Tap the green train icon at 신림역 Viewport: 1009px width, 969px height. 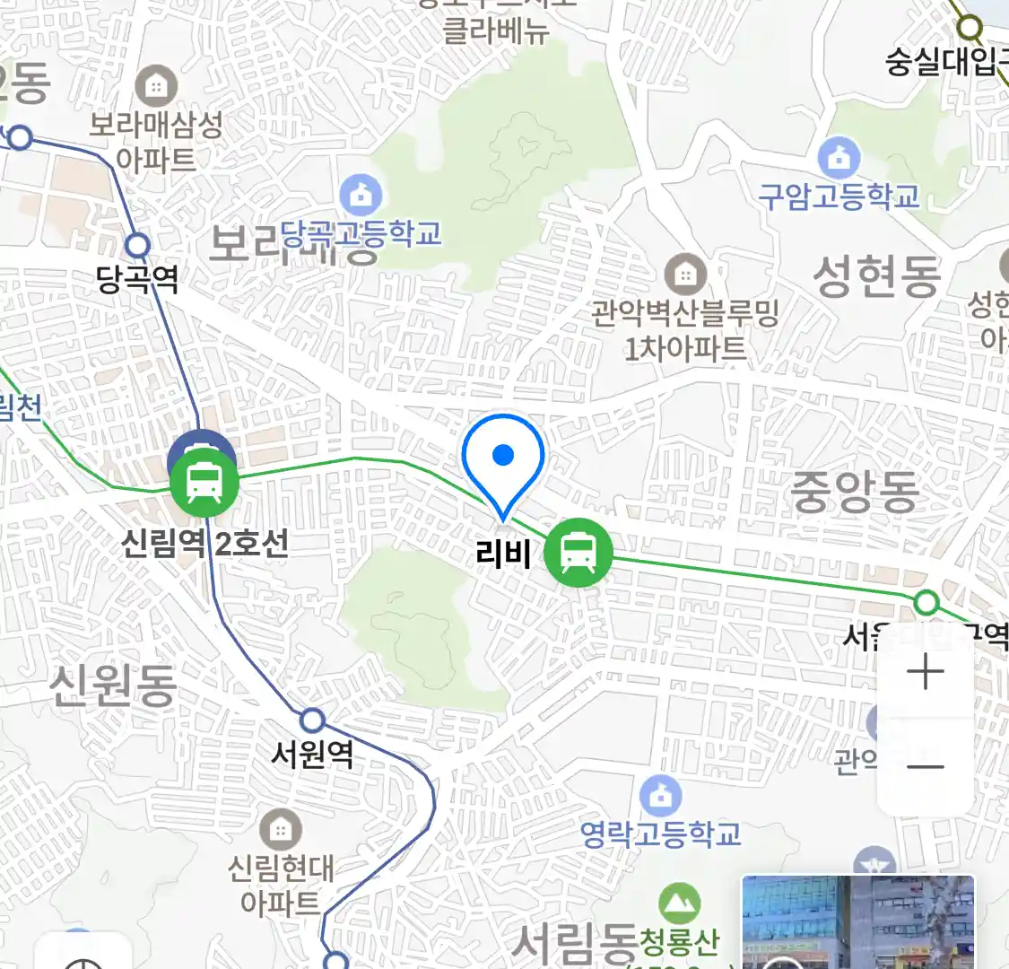pyautogui.click(x=204, y=484)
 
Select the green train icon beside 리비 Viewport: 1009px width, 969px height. pyautogui.click(x=578, y=553)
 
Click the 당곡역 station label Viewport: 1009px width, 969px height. pyautogui.click(x=137, y=280)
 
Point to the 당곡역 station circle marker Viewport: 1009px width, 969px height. pyautogui.click(x=137, y=244)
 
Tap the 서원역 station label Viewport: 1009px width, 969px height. pyautogui.click(x=313, y=755)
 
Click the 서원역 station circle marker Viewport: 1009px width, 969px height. pyautogui.click(x=312, y=720)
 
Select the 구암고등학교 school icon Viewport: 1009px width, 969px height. pyautogui.click(x=839, y=159)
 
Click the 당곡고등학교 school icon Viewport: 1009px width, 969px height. pyautogui.click(x=361, y=196)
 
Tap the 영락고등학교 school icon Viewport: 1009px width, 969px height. pyautogui.click(x=661, y=796)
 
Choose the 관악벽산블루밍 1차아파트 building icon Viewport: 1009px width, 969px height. pyautogui.click(x=686, y=273)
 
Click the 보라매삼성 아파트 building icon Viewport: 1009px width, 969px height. pyautogui.click(x=156, y=87)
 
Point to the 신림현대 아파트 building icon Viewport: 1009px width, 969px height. pyautogui.click(x=280, y=829)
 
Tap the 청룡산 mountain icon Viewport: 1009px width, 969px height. pyautogui.click(x=679, y=903)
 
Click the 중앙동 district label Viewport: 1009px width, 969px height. pyautogui.click(x=854, y=493)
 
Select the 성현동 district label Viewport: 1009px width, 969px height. pyautogui.click(x=876, y=275)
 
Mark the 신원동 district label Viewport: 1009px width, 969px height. pyautogui.click(x=112, y=686)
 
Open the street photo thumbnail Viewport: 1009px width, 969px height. pyautogui.click(x=857, y=922)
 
